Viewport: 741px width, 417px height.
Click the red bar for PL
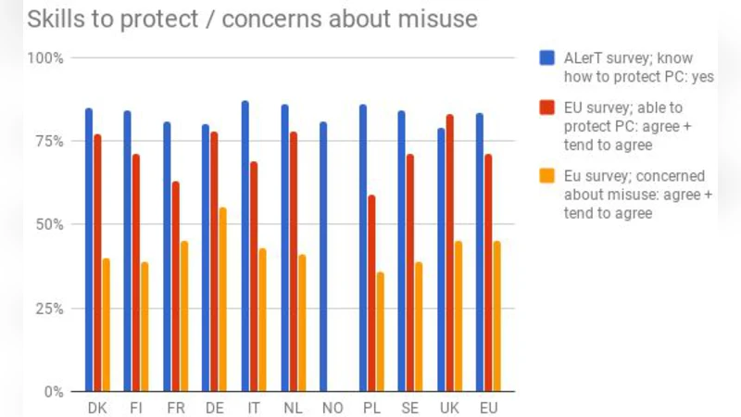[371, 293]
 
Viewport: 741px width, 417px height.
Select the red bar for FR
[175, 286]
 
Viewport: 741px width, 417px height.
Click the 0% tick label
[52, 392]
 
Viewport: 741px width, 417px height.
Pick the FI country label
[136, 408]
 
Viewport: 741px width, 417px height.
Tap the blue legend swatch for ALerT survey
[546, 58]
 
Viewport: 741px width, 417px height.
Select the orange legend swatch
[546, 176]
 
